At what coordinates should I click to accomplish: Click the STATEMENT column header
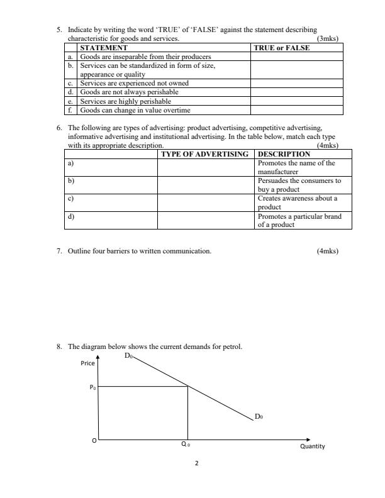pyautogui.click(x=104, y=48)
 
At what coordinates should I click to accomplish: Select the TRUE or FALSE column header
pyautogui.click(x=281, y=48)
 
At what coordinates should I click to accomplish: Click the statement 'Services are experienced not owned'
pyautogui.click(x=134, y=83)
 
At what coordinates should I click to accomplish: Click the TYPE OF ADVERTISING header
pyautogui.click(x=205, y=154)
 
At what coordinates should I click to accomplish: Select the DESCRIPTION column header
pyautogui.click(x=284, y=154)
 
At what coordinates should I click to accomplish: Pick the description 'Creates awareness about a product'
pyautogui.click(x=298, y=202)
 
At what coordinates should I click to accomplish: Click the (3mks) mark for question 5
pyautogui.click(x=328, y=39)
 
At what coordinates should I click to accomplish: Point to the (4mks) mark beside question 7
pyautogui.click(x=328, y=252)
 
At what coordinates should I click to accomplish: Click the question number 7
pyautogui.click(x=59, y=252)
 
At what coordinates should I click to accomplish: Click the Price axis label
pyautogui.click(x=88, y=363)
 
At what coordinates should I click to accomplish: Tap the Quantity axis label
pyautogui.click(x=312, y=446)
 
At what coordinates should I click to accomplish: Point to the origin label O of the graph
pyautogui.click(x=94, y=441)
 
